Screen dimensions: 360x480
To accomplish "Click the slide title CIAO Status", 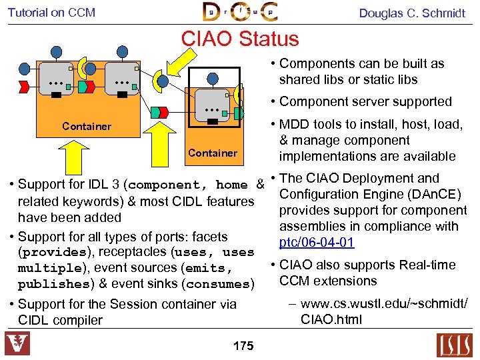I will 240,38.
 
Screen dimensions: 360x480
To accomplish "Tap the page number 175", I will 243,346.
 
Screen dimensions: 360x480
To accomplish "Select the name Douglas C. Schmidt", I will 412,13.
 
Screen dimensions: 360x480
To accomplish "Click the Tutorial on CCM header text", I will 52,13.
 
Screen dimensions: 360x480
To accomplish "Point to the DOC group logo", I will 240,11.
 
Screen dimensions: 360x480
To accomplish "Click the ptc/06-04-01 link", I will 317,242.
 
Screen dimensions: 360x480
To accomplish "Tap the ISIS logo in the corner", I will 454,345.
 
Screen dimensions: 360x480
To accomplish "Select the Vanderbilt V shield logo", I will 17,344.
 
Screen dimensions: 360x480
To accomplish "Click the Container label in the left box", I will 87,126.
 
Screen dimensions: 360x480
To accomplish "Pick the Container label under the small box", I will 213,153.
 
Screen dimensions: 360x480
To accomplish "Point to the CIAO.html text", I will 331,319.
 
